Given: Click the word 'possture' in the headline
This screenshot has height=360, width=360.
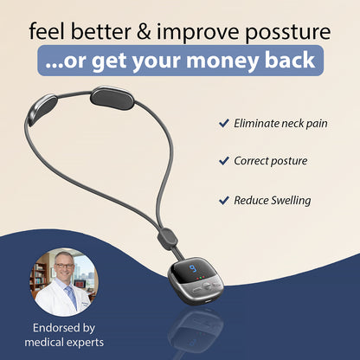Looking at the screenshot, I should pyautogui.click(x=284, y=32).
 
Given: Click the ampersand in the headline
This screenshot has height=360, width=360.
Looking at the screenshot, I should pyautogui.click(x=145, y=32).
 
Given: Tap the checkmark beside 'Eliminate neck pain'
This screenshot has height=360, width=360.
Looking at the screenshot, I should pyautogui.click(x=223, y=123).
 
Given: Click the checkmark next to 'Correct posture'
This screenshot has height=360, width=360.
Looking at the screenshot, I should pyautogui.click(x=223, y=161).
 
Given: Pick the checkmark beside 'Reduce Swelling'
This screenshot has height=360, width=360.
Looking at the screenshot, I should pyautogui.click(x=223, y=199).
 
